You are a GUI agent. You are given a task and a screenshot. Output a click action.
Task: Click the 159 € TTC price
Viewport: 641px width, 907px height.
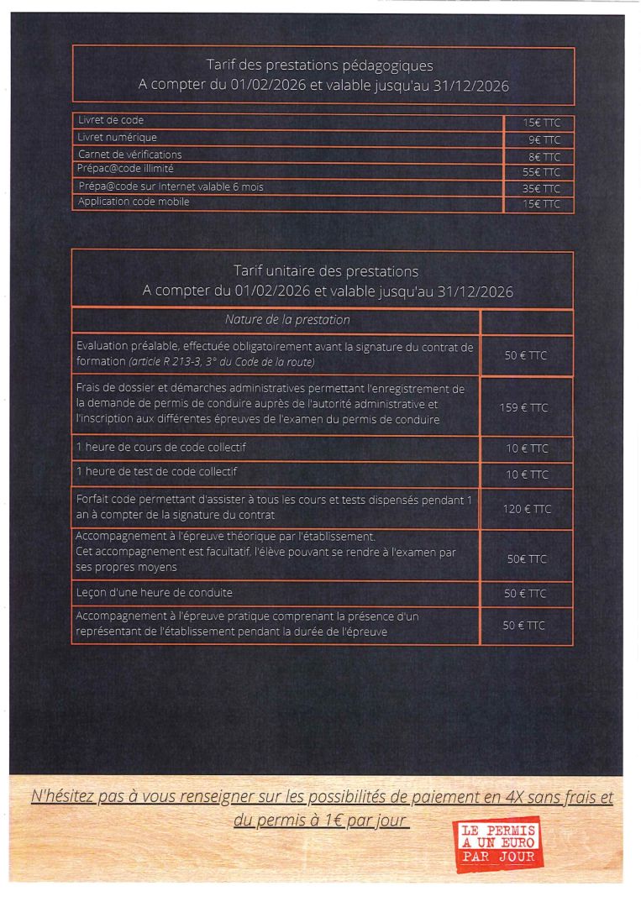click(x=527, y=407)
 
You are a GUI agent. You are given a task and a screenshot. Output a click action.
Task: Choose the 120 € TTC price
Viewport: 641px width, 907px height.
click(x=527, y=509)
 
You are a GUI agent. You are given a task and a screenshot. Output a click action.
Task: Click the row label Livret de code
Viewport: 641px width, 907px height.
click(x=111, y=121)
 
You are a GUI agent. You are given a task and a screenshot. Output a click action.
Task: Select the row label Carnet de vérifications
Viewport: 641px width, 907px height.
click(x=129, y=155)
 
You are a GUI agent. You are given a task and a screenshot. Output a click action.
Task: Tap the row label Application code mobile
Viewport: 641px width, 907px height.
click(x=134, y=202)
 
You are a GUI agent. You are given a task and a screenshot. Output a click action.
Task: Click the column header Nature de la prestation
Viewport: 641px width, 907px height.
click(x=276, y=320)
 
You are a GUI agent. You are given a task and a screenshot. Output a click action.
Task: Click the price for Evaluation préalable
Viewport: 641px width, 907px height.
click(x=527, y=355)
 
